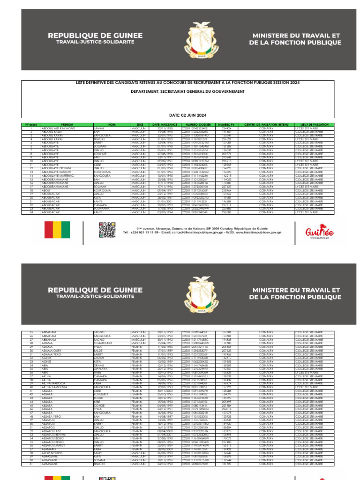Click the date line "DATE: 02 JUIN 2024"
click(x=187, y=115)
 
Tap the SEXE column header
click(x=140, y=125)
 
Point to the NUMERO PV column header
click(x=226, y=125)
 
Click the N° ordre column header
click(x=31, y=125)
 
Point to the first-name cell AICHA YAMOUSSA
click(x=55, y=387)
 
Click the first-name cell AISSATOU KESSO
click(x=54, y=442)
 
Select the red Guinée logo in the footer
click(x=320, y=231)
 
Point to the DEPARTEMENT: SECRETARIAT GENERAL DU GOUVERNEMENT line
click(x=187, y=92)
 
